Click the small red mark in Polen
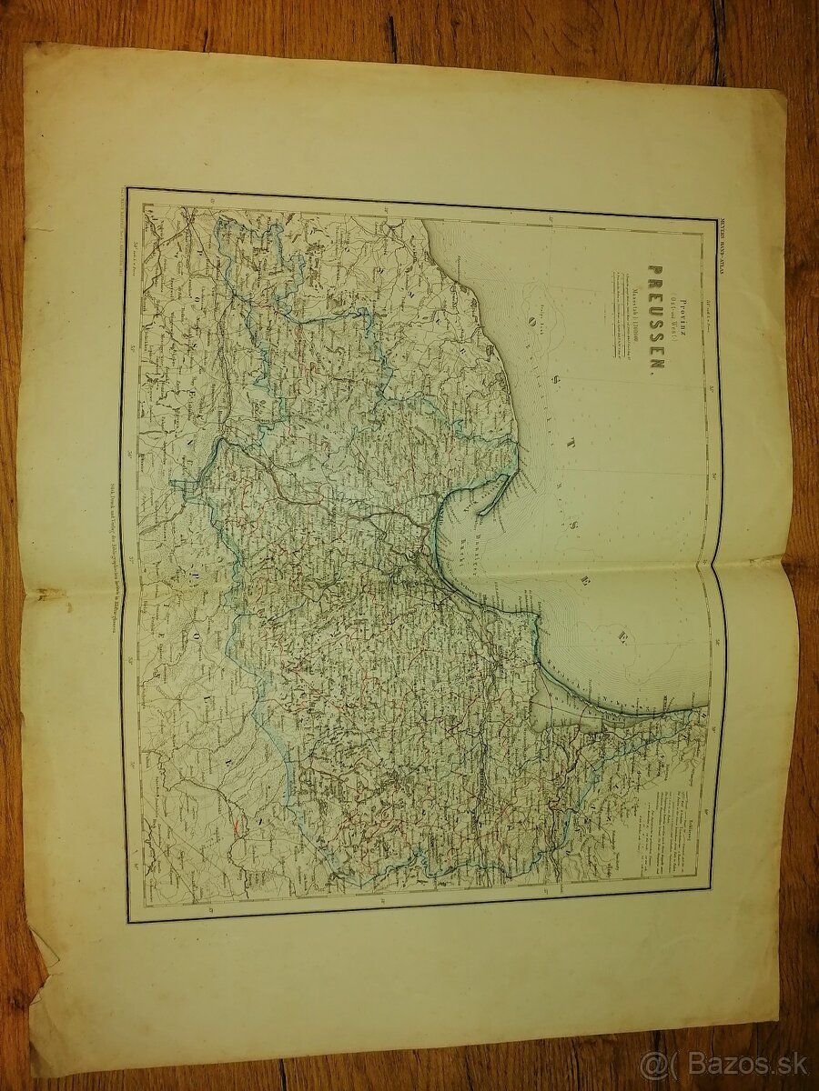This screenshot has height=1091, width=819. [x=238, y=828]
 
